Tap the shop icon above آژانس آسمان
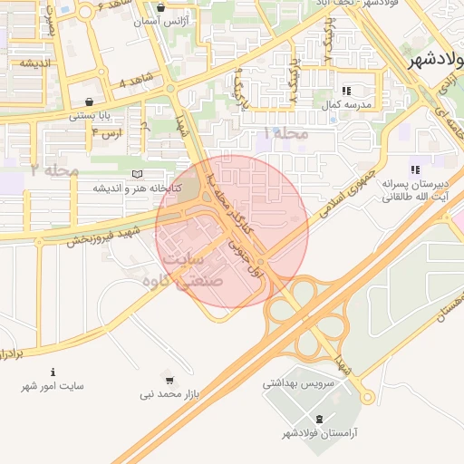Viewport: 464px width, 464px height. click(161, 7)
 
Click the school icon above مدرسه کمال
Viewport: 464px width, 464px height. click(346, 92)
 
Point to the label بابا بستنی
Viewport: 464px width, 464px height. click(92, 115)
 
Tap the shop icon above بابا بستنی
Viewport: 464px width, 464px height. click(88, 101)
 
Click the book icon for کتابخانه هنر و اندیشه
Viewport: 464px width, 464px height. click(137, 174)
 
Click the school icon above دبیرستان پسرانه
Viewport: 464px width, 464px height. click(415, 169)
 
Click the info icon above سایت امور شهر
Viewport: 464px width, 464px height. click(53, 372)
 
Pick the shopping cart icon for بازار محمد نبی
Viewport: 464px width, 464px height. click(169, 380)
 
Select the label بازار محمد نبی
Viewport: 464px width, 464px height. click(169, 394)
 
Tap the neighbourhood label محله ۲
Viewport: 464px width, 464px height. click(53, 169)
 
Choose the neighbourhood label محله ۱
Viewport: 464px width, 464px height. click(285, 133)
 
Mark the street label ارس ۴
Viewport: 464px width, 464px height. click(105, 133)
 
